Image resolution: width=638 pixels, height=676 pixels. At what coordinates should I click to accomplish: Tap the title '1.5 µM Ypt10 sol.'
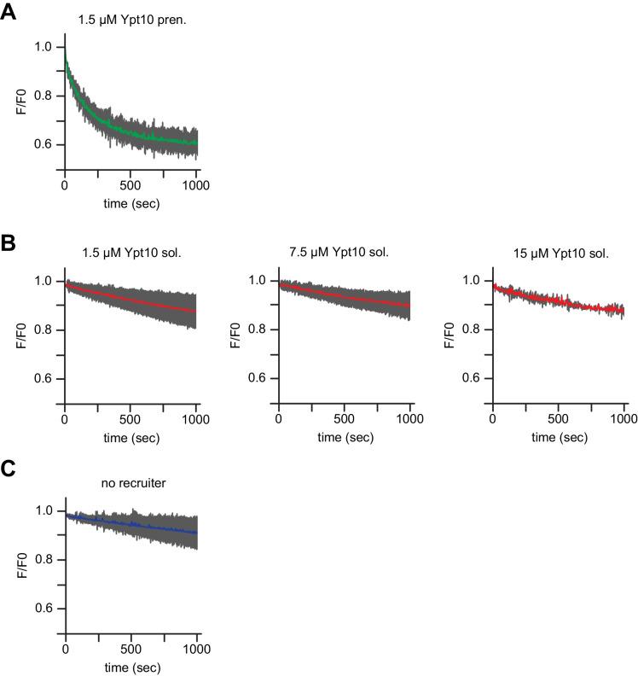click(129, 253)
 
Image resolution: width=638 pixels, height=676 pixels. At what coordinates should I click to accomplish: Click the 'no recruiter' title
click(130, 483)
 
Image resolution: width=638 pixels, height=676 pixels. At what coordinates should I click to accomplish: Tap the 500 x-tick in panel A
click(130, 187)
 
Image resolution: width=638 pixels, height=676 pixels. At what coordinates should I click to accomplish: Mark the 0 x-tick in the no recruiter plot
click(66, 650)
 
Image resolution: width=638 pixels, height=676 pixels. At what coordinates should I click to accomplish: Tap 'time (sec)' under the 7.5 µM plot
click(345, 437)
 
